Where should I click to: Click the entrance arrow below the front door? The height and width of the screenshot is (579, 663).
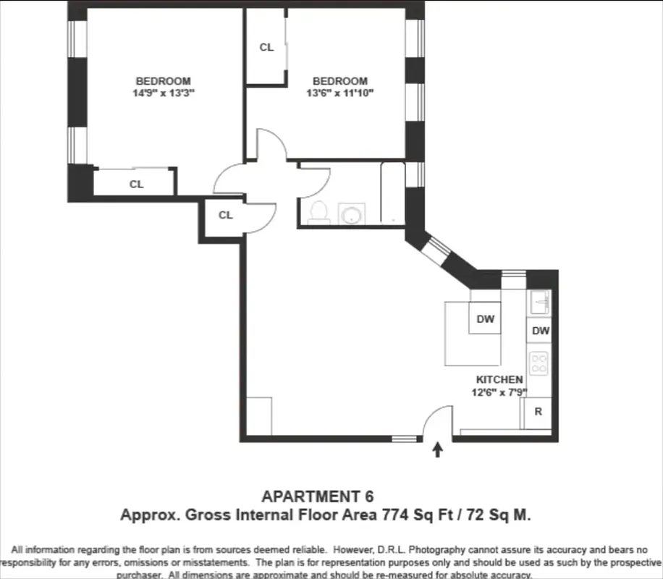coord(437,451)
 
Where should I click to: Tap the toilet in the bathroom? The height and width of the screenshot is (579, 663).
coord(318,212)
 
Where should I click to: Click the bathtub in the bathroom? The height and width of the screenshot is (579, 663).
coord(392,193)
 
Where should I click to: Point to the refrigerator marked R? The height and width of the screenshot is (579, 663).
coord(538,412)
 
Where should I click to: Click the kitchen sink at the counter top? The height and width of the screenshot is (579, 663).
coord(539,302)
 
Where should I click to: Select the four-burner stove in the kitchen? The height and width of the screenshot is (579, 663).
coord(539,363)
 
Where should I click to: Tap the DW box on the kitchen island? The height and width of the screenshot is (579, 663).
coord(485,318)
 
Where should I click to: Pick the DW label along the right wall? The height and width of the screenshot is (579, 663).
coord(540,331)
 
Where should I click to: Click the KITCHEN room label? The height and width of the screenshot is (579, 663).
coord(499,379)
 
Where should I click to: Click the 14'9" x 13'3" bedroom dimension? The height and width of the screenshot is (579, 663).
coord(164,93)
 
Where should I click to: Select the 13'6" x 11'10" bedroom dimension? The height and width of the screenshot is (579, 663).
coord(339,93)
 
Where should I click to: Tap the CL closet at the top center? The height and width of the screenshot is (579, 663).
coord(266,48)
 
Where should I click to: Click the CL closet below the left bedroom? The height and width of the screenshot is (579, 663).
coord(136,184)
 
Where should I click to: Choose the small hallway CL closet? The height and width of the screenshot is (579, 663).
coord(225,215)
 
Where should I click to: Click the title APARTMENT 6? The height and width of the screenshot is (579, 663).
coord(318,496)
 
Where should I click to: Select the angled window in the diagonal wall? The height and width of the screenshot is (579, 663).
coord(436,250)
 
